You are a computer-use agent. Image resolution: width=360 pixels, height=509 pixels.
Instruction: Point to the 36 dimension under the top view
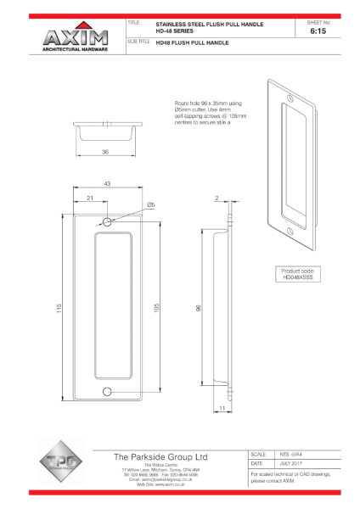coord(106,153)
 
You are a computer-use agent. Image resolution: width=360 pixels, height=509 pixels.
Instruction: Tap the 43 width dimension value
coord(108,184)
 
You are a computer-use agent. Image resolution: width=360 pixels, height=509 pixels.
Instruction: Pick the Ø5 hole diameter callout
coord(149,204)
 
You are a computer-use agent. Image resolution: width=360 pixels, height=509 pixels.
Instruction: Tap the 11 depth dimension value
coord(221,408)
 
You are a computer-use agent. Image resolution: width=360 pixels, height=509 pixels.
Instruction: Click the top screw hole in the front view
coord(107,221)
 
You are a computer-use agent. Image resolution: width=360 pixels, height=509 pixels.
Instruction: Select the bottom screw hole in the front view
coord(107,391)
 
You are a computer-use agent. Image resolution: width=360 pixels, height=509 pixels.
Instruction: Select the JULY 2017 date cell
coord(294,464)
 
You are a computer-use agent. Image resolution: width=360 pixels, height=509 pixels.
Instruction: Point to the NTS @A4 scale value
coord(293,454)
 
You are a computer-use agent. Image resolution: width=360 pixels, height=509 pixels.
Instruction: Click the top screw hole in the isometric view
coord(285,95)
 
